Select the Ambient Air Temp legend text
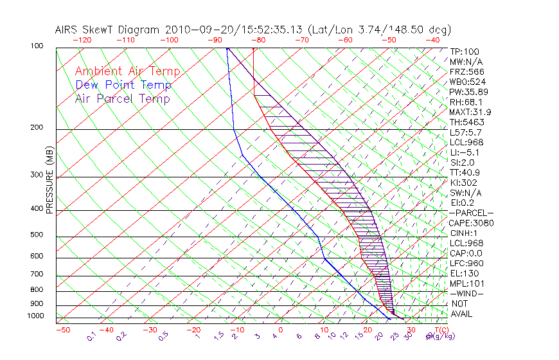pos(127,72)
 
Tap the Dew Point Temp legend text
pos(123,85)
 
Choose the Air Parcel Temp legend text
pos(123,99)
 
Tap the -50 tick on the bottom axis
pos(62,330)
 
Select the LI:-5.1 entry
pos(465,152)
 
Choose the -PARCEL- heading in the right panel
pos(471,213)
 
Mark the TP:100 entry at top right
pos(464,51)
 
